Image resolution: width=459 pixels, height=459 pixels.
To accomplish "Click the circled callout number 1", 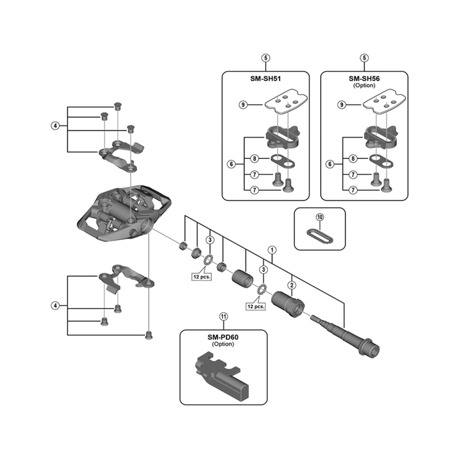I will click(x=273, y=250).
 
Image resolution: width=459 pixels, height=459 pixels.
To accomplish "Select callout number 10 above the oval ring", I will click(x=320, y=217).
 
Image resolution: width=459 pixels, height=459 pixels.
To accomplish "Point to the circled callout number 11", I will click(x=223, y=316).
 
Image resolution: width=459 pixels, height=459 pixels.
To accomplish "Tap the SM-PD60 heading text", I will click(x=223, y=337).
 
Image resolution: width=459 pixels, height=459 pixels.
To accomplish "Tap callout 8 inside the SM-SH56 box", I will click(x=353, y=158).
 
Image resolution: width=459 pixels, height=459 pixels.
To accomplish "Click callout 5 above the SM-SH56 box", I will click(x=364, y=57).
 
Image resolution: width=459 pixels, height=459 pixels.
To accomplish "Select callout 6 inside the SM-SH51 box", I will click(x=231, y=164).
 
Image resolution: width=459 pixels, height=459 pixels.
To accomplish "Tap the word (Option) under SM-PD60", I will click(x=223, y=344).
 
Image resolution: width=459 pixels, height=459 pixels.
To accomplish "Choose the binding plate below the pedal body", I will click(x=126, y=277).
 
